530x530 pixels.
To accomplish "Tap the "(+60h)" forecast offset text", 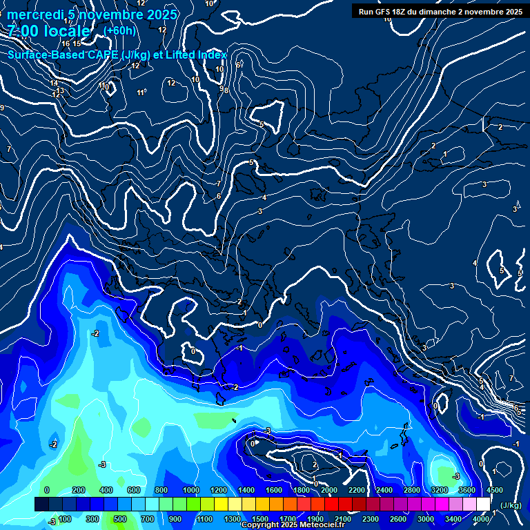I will tap(119, 30).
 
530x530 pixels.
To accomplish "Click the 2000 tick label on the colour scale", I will tap(329, 490).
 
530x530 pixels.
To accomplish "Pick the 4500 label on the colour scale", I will tap(494, 490).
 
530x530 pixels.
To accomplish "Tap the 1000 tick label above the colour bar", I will tap(191, 490).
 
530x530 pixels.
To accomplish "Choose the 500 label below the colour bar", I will tap(120, 519).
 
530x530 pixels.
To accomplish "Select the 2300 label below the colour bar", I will tap(371, 519).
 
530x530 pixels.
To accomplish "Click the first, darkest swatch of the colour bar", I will tap(41, 505).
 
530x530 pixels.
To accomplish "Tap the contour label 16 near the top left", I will tap(66, 43).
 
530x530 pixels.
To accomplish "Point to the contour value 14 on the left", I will tap(54, 84).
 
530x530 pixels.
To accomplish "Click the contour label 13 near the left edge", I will tap(60, 90).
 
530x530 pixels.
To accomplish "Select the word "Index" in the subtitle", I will tap(213, 55).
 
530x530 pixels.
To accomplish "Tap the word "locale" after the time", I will tap(68, 31).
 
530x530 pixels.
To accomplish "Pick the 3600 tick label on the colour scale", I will tap(467, 490).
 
